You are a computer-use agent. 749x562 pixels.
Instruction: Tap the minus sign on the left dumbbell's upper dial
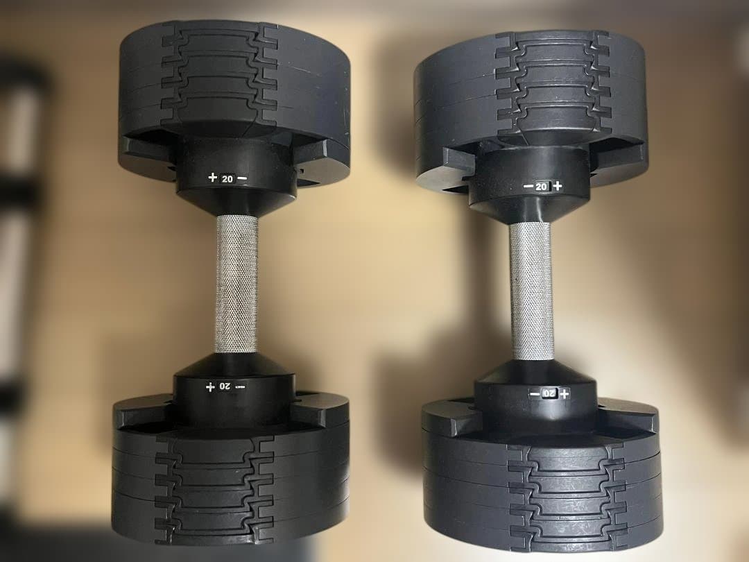pyautogui.click(x=241, y=178)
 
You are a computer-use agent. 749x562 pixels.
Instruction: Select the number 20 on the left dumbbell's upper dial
pyautogui.click(x=227, y=178)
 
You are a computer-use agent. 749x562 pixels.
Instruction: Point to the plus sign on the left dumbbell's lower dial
pyautogui.click(x=209, y=386)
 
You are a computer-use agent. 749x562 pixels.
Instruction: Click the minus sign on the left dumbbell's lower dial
pyautogui.click(x=240, y=386)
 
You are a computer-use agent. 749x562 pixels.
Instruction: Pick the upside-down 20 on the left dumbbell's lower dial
pyautogui.click(x=225, y=386)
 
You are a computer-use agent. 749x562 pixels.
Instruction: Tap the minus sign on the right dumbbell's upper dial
pyautogui.click(x=528, y=186)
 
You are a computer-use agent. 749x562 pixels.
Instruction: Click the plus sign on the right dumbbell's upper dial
pyautogui.click(x=557, y=186)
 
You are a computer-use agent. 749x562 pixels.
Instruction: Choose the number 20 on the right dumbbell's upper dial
pyautogui.click(x=542, y=186)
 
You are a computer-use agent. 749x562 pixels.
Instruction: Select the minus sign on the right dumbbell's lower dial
pyautogui.click(x=535, y=394)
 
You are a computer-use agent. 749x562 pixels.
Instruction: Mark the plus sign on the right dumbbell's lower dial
pyautogui.click(x=565, y=394)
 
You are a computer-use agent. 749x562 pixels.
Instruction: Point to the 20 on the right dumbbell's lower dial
pyautogui.click(x=549, y=394)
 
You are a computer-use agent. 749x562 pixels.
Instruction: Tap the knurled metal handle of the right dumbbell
pyautogui.click(x=532, y=291)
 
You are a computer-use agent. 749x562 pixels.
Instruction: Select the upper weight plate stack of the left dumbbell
pyautogui.click(x=234, y=83)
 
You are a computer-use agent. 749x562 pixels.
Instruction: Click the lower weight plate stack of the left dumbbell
pyautogui.click(x=231, y=479)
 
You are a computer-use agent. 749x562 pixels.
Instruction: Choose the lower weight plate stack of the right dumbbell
pyautogui.click(x=541, y=479)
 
